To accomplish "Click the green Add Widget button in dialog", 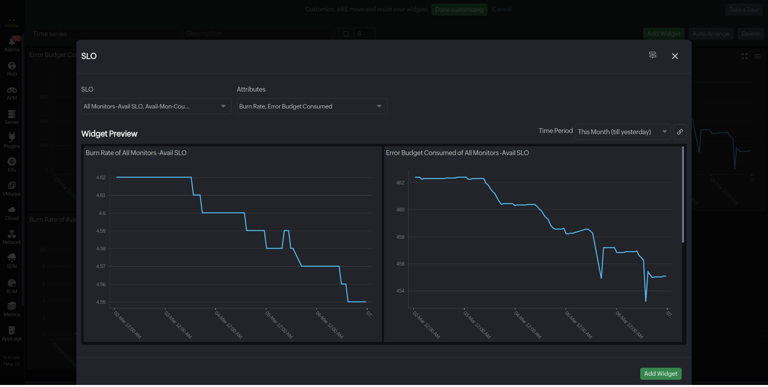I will click(660, 374).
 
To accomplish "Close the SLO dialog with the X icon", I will click(675, 56).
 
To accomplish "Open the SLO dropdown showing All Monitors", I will click(156, 106).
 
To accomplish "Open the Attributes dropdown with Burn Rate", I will click(312, 106).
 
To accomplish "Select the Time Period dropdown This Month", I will click(622, 132).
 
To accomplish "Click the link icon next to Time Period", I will click(680, 132).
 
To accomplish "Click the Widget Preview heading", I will click(109, 134).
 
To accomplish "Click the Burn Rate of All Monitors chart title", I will click(136, 153).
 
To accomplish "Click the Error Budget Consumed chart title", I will click(457, 153).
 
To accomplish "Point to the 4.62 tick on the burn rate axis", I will click(101, 178).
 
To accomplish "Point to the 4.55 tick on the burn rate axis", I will click(101, 302).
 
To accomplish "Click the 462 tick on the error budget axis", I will click(400, 183).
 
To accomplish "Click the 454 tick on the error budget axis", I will click(400, 291).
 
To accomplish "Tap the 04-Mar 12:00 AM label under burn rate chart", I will click(228, 325).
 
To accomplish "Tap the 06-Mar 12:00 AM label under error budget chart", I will click(629, 325).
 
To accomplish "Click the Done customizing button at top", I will click(459, 10).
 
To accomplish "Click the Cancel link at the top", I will click(502, 9).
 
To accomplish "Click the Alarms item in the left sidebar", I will click(12, 45).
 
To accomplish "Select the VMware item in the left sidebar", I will click(12, 189).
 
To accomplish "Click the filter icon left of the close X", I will click(652, 55).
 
